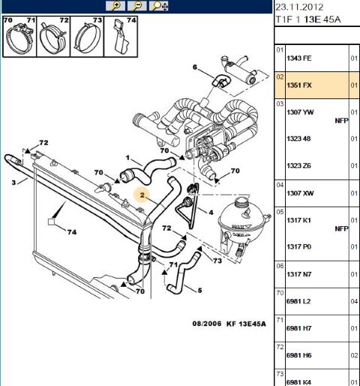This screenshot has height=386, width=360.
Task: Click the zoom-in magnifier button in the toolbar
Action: tap(115, 6)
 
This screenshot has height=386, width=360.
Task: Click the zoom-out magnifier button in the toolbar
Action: tap(137, 6)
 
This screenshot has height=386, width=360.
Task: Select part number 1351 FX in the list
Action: tap(299, 86)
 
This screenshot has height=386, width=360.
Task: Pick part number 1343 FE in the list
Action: tap(299, 59)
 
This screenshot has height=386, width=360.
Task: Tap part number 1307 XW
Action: tap(300, 193)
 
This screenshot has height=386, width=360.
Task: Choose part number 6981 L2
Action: tap(298, 301)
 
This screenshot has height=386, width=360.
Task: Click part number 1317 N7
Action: tap(299, 274)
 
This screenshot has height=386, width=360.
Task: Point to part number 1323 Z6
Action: tap(298, 166)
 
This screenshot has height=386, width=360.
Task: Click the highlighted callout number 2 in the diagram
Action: tap(142, 195)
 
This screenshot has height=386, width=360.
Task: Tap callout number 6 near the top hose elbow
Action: tap(195, 67)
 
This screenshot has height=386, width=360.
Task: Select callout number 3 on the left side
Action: tap(13, 182)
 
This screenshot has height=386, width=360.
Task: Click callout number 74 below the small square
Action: tap(72, 232)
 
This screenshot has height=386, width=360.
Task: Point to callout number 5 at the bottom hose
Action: tap(199, 291)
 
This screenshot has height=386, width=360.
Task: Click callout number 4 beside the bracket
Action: tap(211, 213)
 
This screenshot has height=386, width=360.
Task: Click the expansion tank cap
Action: tap(241, 201)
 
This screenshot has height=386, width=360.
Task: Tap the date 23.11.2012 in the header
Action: tap(299, 7)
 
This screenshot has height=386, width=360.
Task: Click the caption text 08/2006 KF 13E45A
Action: tap(229, 324)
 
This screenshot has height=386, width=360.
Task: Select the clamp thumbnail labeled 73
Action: tap(87, 37)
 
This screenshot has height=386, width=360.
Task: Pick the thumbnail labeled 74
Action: tap(121, 37)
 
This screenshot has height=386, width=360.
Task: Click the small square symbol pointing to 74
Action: tap(51, 222)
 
